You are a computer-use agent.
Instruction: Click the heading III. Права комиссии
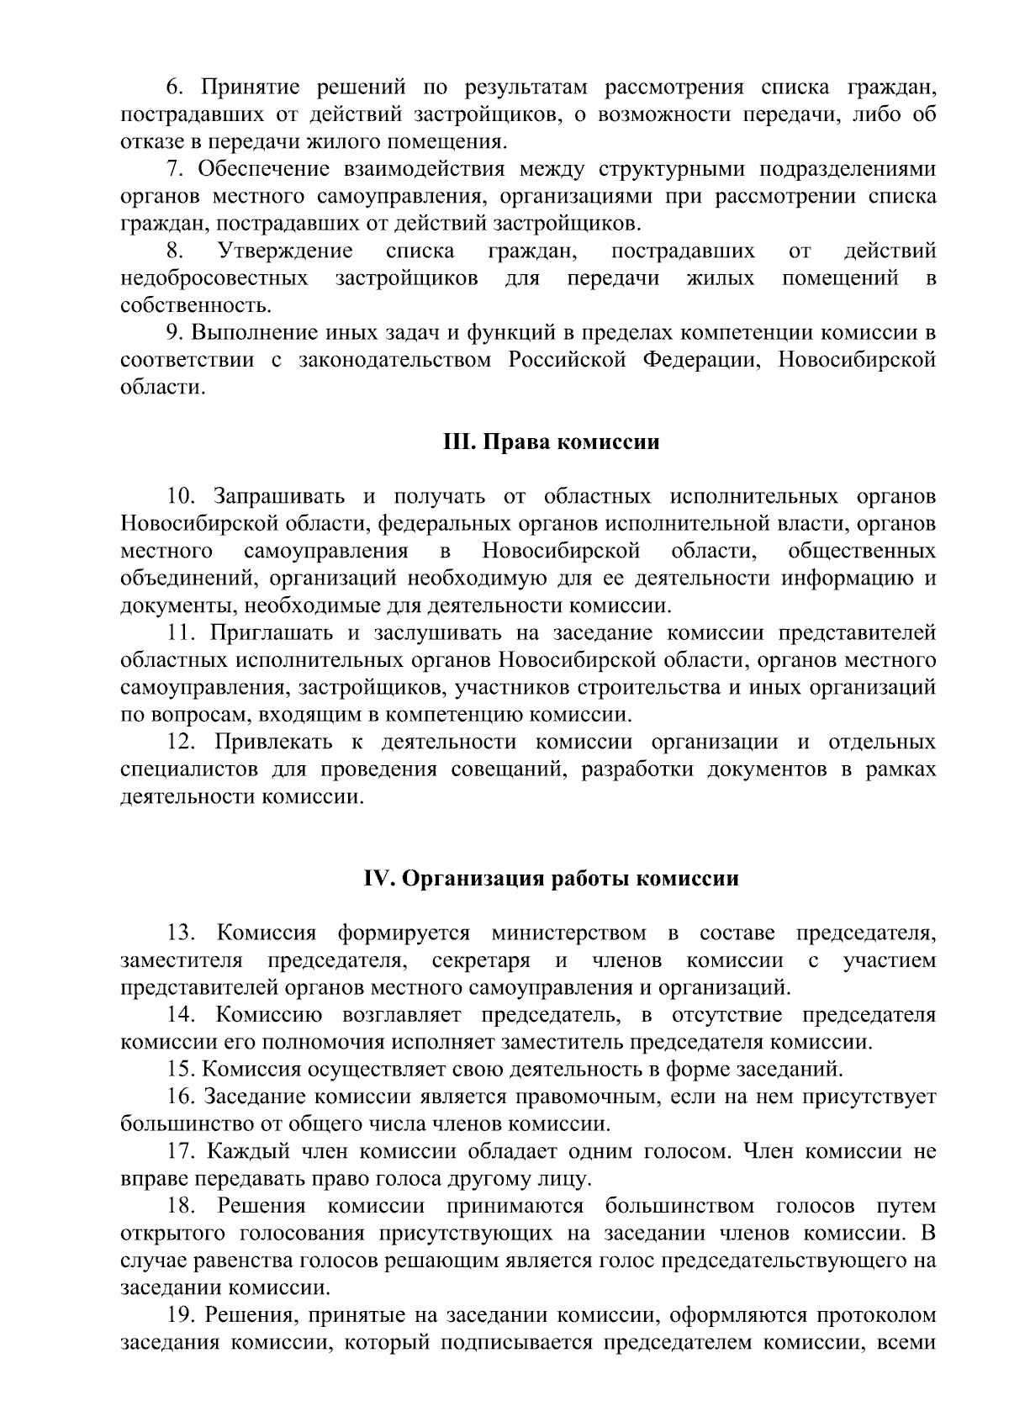point(551,442)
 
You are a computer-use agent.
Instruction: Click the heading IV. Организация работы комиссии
point(551,879)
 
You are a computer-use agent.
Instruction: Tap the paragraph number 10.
point(180,497)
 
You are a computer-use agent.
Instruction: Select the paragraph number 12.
point(182,743)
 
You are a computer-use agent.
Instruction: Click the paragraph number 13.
point(182,933)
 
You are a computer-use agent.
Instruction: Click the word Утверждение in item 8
point(284,251)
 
